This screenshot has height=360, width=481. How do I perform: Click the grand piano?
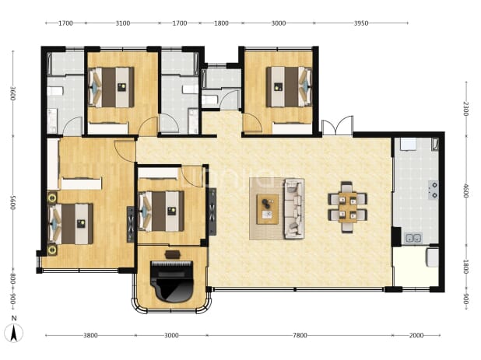(x=172, y=281)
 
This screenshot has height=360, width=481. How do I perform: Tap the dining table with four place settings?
(x=348, y=207)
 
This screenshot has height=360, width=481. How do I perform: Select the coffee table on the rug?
(x=268, y=209)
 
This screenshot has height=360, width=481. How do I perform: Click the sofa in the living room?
(x=294, y=208)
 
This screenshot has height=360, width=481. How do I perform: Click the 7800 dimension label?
(x=300, y=335)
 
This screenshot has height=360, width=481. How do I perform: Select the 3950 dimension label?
(x=361, y=23)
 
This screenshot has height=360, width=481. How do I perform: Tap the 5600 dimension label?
(x=13, y=202)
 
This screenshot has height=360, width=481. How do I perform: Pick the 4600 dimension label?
(x=465, y=190)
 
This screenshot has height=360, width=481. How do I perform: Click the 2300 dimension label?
(x=465, y=108)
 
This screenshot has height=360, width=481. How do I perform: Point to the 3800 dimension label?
(x=90, y=335)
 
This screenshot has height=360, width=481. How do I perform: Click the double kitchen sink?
(x=414, y=238)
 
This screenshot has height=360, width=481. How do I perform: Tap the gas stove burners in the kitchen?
(x=434, y=190)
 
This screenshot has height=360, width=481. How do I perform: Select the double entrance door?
(x=337, y=125)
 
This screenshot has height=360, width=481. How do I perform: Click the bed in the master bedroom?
(x=71, y=224)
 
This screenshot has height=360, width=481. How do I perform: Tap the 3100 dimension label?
(x=123, y=23)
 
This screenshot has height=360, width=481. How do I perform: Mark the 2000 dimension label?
(x=416, y=335)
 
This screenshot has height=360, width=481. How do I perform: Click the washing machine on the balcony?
(x=432, y=257)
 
